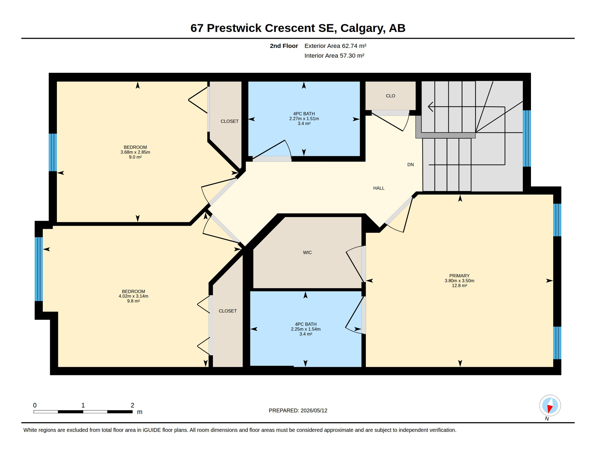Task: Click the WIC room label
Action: (x=307, y=252)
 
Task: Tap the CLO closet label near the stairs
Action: (x=390, y=96)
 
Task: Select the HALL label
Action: (x=379, y=188)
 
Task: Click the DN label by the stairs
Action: (x=410, y=164)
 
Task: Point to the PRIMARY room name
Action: (x=459, y=276)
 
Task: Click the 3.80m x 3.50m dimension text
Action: (x=459, y=281)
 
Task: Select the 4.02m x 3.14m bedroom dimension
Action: (x=133, y=296)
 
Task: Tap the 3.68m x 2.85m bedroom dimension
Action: (x=135, y=152)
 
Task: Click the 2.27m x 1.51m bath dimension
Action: (x=304, y=119)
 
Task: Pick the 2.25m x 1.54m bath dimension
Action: (x=305, y=329)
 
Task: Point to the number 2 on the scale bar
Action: (x=132, y=405)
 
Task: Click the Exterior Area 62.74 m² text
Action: (x=335, y=46)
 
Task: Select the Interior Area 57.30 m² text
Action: (x=334, y=56)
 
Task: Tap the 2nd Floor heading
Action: (x=284, y=46)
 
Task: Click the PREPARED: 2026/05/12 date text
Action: (x=298, y=411)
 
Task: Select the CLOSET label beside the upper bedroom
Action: (x=229, y=121)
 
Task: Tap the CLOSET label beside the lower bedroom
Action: (x=228, y=311)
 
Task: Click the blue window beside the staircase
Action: (x=527, y=138)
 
